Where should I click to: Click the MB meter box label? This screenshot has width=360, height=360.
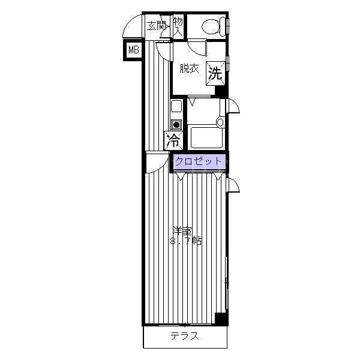point(134,50)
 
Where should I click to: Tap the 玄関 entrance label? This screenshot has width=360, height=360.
point(157,26)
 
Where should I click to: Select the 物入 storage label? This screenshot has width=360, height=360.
point(178,26)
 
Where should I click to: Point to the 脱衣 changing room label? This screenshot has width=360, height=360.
point(189,68)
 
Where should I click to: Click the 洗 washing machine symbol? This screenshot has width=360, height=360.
point(215,74)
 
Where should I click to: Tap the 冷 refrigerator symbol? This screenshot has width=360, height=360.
point(173,140)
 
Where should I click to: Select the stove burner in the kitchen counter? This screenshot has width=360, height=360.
point(176,125)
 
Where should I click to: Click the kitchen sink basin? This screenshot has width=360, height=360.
point(176,107)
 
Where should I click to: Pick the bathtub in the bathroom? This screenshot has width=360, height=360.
point(206,137)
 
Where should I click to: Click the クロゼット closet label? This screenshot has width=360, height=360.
point(198,161)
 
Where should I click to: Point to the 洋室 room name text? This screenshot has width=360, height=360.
point(182,231)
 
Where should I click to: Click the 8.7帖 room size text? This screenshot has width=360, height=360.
point(186,241)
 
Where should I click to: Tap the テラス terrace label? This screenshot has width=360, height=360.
point(185,336)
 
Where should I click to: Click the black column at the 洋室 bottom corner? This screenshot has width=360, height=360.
point(221,319)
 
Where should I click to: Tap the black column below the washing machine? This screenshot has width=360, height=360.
point(221,91)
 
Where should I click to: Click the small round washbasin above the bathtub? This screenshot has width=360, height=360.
point(220,122)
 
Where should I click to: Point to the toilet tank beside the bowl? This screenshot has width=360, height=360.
point(223,27)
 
